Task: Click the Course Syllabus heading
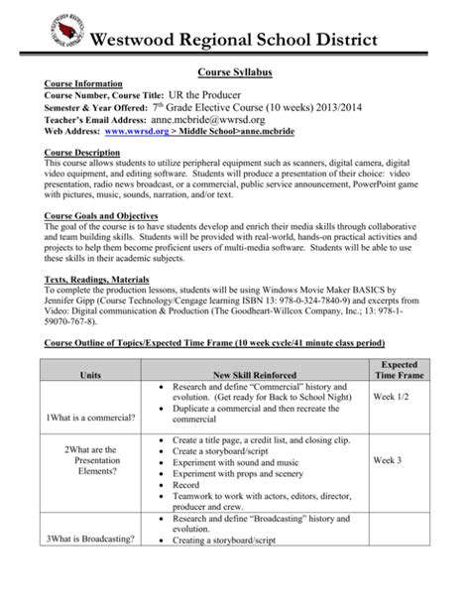[234, 72]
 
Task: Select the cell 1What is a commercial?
[90, 418]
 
